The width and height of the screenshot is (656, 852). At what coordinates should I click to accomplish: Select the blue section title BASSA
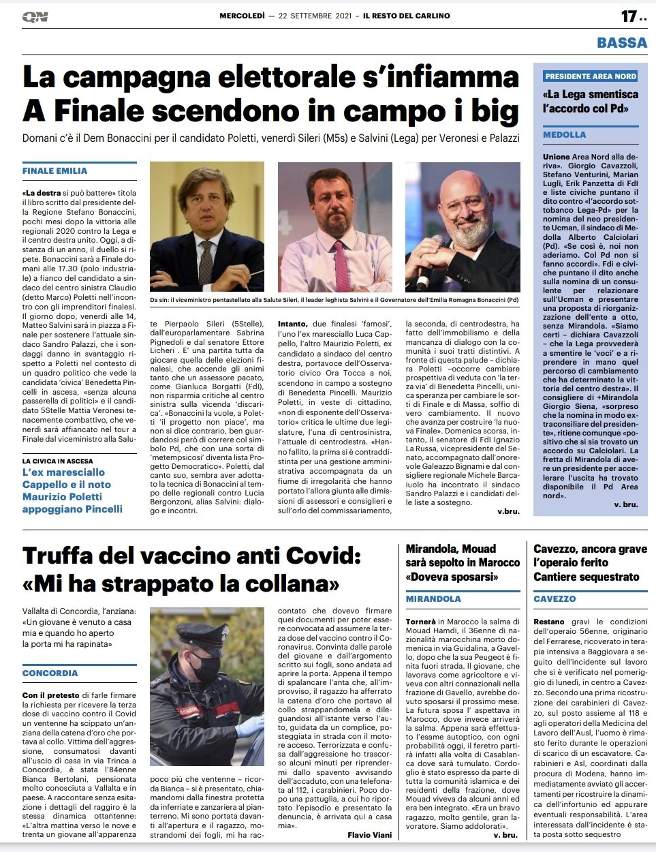621,42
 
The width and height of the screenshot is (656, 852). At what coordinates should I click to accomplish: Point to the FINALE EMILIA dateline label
54,170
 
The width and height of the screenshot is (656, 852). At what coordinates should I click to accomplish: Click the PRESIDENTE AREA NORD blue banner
591,76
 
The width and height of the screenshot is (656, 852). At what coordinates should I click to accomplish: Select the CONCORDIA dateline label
50,673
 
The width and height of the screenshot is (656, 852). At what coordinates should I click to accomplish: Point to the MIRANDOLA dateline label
433,598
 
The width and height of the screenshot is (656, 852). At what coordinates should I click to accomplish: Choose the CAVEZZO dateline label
555,598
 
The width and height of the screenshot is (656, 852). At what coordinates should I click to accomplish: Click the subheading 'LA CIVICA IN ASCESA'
58,461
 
